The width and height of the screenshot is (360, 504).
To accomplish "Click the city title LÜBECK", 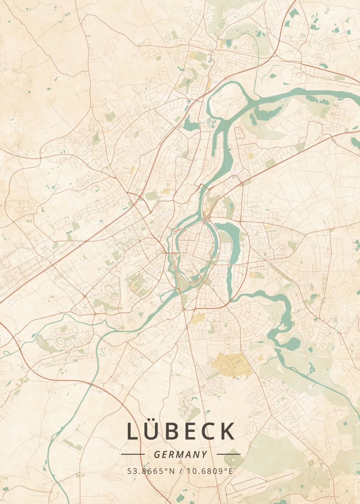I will coord(181,431).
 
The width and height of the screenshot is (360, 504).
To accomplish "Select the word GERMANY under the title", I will coord(181,454).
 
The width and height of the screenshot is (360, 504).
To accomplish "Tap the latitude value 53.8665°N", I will coord(151,471).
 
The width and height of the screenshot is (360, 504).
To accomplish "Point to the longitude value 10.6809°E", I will coord(209,471).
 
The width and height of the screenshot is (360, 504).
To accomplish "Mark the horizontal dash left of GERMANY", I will coord(133,454).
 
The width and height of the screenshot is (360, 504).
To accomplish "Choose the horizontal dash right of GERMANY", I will coord(229,454).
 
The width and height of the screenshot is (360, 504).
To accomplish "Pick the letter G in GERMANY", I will coord(157,454).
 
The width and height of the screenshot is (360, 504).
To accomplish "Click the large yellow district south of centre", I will coord(232,365).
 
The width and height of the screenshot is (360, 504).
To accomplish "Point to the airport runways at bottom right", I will coord(260,483).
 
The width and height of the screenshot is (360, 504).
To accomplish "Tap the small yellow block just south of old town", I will coord(197,318).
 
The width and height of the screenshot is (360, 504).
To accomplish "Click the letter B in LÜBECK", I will coord(173,431).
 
